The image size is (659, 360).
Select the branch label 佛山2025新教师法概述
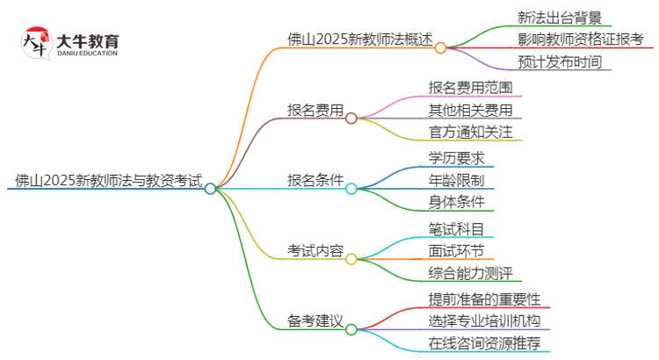(x=360, y=39)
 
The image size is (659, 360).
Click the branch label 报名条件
(x=315, y=181)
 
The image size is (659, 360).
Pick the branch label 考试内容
(x=315, y=252)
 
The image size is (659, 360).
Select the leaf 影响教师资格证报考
(x=579, y=40)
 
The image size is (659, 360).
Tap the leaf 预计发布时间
(x=558, y=62)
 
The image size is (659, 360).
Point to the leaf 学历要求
(x=456, y=158)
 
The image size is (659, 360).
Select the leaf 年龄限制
(x=456, y=181)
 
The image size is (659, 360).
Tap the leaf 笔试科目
(x=456, y=228)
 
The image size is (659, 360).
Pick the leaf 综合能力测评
(x=470, y=273)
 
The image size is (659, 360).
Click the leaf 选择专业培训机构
(x=483, y=320)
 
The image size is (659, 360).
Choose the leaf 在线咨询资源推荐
(x=483, y=343)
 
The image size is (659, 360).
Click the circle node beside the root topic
(x=210, y=188)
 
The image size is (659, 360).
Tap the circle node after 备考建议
(x=351, y=330)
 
